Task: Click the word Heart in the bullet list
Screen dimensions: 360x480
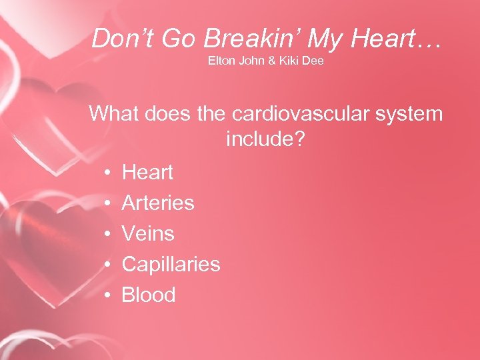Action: coord(147,173)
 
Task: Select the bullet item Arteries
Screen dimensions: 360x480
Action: coord(158,203)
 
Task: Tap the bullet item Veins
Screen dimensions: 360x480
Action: coord(148,234)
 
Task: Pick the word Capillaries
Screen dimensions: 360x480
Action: coord(171,265)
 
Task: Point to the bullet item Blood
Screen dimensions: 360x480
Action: coord(149,295)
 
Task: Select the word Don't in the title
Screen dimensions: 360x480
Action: coord(122,39)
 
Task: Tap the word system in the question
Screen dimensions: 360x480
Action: coord(410,114)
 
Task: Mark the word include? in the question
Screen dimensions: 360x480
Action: coord(266,139)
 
